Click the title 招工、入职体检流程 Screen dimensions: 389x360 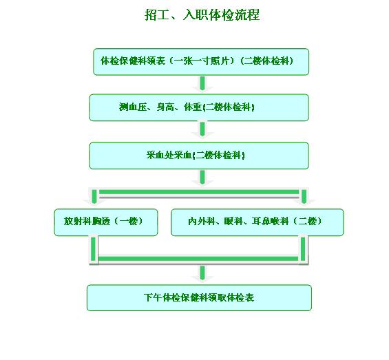pos(202,14)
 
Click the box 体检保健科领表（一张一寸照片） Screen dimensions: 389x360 pos(201,62)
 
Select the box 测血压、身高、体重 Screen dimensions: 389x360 pos(199,107)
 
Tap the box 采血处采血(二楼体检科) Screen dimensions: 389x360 pos(199,156)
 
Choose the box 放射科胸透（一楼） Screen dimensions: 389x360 pos(106,222)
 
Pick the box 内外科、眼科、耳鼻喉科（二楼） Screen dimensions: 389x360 pos(257,222)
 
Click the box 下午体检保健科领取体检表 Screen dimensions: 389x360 pos(199,298)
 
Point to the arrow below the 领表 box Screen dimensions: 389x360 pos(202,84)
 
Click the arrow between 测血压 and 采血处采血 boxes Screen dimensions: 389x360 pos(202,130)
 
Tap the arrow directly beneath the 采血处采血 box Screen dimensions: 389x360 pos(202,178)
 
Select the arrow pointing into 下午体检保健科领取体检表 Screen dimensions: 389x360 pos(202,273)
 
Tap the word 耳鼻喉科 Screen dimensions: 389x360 pos(270,221)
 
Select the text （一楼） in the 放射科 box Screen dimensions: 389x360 pos(128,221)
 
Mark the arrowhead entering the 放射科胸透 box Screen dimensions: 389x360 pos(94,202)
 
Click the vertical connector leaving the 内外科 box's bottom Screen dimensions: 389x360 pos(303,248)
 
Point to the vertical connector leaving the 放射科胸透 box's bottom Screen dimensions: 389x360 pos(93,248)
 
